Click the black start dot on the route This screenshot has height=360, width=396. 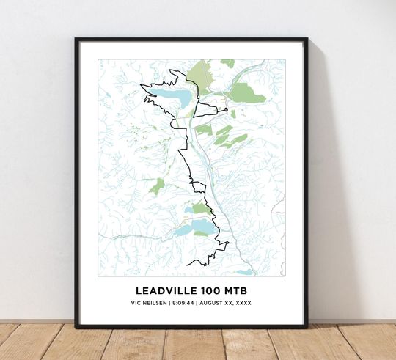click(226, 110)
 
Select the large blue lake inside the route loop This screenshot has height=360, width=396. click(176, 97)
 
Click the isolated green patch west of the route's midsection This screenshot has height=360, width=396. click(157, 186)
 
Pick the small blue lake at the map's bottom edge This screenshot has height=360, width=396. click(246, 271)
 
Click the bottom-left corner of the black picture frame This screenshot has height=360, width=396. click(76, 326)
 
